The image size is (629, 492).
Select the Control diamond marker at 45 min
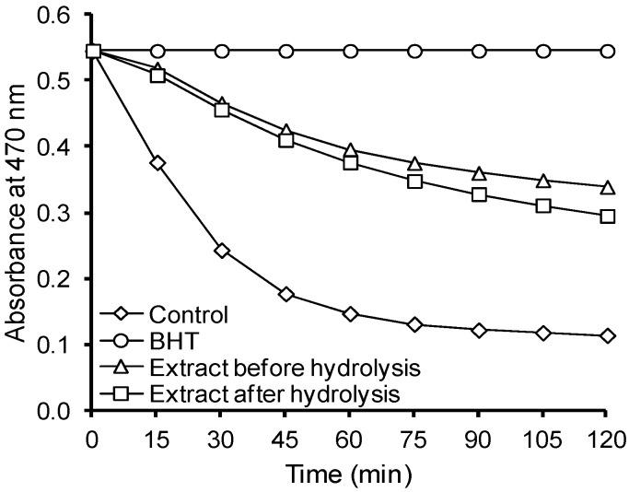pos(285,295)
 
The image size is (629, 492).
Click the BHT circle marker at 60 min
pos(350,51)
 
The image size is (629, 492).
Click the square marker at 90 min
pos(479,194)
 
